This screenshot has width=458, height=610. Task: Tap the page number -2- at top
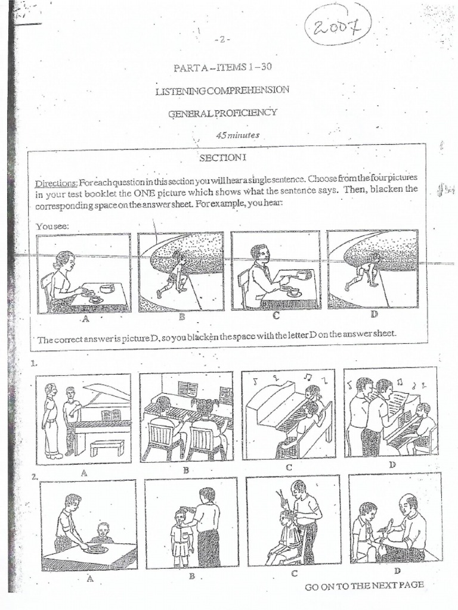pos(222,40)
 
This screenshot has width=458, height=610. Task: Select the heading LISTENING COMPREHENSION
pos(222,90)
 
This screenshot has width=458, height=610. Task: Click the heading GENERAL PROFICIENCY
pos(222,113)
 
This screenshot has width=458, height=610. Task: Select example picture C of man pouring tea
pos(275,271)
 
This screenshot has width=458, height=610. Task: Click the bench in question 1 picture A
pos(107,446)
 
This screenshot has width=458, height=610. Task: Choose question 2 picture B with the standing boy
pos(191,522)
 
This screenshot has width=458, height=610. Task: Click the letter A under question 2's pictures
pos(89,578)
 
